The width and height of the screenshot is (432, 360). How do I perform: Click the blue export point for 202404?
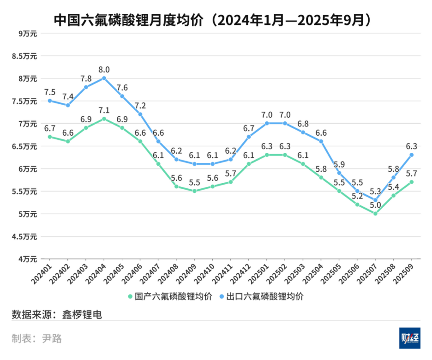104,78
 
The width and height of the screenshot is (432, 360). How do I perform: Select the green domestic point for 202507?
375,214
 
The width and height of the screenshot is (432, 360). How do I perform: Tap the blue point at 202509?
411,155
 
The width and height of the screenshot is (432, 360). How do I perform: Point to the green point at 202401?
49,137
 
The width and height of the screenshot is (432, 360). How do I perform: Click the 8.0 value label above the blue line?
104,70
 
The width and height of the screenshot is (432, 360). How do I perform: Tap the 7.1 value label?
104,110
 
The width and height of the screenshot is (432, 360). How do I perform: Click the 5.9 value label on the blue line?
339,164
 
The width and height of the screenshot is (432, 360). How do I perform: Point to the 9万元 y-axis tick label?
28,33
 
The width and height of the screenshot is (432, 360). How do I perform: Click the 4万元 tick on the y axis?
28,259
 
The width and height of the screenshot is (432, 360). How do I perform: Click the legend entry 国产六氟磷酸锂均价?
170,296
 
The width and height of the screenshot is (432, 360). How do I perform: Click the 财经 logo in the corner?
410,338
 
